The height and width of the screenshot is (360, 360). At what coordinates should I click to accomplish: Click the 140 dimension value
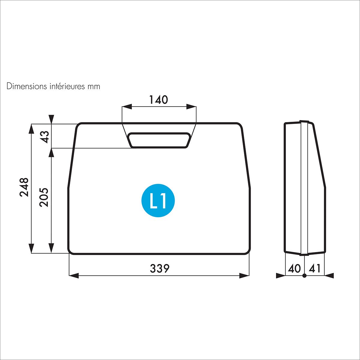[x=158, y=100]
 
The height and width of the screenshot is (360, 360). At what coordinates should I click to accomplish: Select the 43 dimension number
[x=45, y=137]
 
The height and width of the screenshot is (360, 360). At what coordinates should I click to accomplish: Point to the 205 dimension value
[x=44, y=197]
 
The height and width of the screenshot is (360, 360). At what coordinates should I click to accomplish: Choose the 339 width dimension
[x=160, y=268]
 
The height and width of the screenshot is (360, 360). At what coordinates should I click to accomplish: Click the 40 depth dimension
[x=294, y=268]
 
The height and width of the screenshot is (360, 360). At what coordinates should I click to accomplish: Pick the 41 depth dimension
[x=315, y=268]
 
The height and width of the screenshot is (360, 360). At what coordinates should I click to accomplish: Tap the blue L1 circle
[x=158, y=201]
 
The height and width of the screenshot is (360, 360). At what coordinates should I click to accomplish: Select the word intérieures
[x=67, y=86]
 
